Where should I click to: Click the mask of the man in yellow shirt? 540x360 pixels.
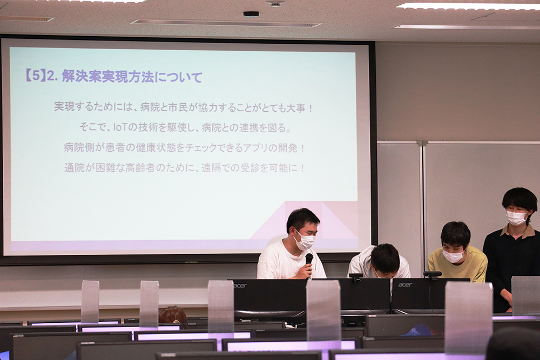(x=453, y=256)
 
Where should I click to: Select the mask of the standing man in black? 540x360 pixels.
(x=516, y=218)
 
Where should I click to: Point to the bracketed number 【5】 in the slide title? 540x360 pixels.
(x=35, y=76)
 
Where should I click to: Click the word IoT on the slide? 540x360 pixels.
(x=120, y=128)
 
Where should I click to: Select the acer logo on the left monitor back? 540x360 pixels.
(x=240, y=286)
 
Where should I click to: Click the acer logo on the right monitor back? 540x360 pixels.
(x=405, y=284)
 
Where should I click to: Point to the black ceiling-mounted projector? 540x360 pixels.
(x=251, y=14)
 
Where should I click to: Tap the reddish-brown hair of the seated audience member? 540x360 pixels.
(x=172, y=315)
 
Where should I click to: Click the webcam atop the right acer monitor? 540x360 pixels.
(x=432, y=274)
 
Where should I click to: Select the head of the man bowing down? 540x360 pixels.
(x=385, y=260)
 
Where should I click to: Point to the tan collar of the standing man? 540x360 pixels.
(x=518, y=230)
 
